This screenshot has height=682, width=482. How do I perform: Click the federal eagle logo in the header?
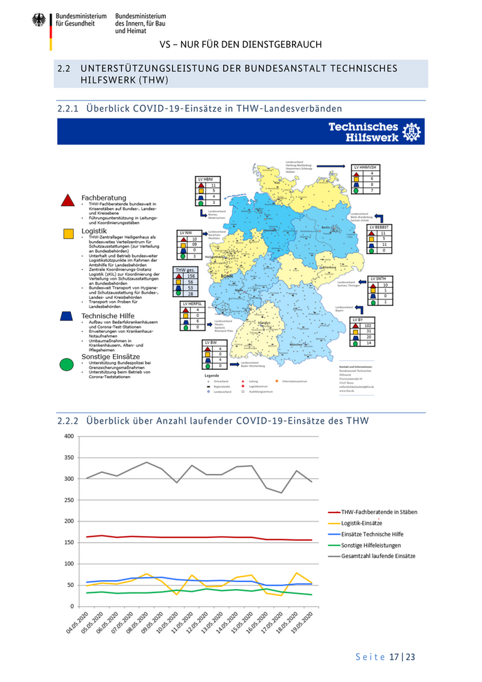pyautogui.click(x=39, y=20)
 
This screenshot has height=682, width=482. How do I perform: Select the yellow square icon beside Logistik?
pyautogui.click(x=68, y=234)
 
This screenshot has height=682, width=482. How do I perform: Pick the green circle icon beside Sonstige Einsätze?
pyautogui.click(x=67, y=363)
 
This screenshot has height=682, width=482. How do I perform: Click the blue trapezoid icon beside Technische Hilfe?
pyautogui.click(x=67, y=316)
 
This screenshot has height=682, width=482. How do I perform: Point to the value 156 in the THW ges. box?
pyautogui.click(x=191, y=276)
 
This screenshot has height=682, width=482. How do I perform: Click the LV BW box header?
pyautogui.click(x=213, y=343)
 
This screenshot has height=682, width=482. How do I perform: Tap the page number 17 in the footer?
pyautogui.click(x=395, y=657)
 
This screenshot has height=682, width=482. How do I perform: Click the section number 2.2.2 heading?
pyautogui.click(x=67, y=420)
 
